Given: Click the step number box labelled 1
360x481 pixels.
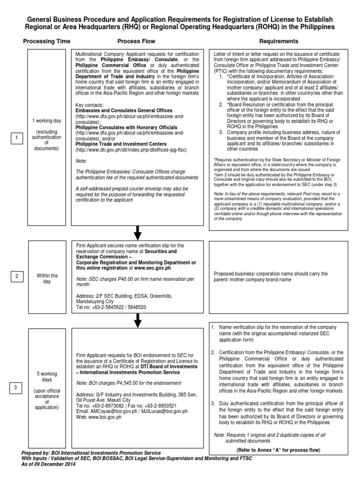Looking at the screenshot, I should click(x=16, y=138).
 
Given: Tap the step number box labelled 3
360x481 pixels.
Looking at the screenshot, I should click(x=16, y=387).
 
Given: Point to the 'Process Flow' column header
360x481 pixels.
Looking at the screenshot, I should click(x=136, y=41).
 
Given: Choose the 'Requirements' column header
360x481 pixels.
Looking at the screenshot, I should click(x=278, y=41).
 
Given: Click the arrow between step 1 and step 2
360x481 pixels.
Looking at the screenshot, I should click(x=137, y=232).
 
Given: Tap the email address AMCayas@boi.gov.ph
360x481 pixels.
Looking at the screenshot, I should click(x=108, y=411).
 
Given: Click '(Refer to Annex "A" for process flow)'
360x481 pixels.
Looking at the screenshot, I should click(x=278, y=450).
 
